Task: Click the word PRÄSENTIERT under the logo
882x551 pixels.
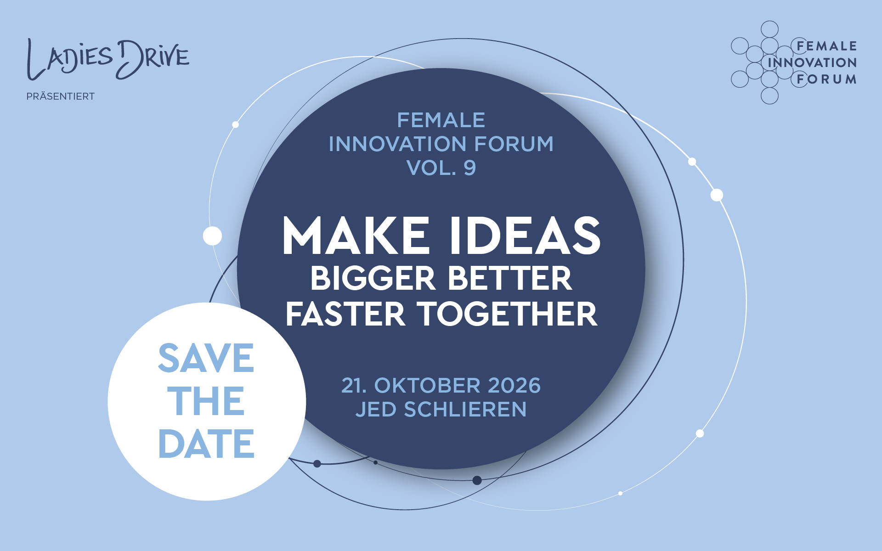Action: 60,96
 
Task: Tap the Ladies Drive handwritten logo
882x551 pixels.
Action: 108,59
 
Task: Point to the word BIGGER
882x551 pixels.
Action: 373,278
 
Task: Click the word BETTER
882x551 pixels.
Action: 510,278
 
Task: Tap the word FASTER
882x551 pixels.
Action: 345,314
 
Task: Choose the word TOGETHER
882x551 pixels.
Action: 508,314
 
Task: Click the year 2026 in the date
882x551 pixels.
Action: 514,385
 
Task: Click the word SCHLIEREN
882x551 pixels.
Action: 465,409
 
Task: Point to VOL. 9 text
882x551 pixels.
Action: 441,168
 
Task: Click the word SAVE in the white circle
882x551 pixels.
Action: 206,358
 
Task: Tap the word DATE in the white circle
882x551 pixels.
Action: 206,444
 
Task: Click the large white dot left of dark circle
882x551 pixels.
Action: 212,236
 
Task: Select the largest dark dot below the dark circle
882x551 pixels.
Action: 477,480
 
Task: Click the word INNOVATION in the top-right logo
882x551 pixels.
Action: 812,62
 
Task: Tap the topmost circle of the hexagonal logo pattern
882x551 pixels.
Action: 769,29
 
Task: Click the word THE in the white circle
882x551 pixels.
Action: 206,401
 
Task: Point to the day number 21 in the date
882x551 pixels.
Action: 353,385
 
